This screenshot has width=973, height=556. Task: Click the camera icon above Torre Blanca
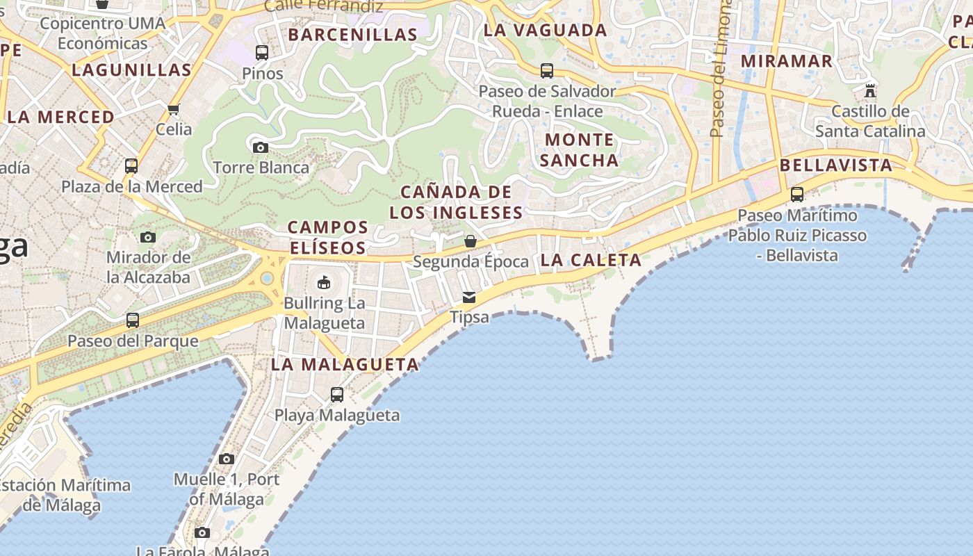pyautogui.click(x=261, y=147)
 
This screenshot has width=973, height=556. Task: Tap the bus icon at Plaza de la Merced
pyautogui.click(x=131, y=166)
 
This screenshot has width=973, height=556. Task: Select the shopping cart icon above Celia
pyautogui.click(x=174, y=109)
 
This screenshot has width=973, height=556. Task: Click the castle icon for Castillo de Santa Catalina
pyautogui.click(x=870, y=91)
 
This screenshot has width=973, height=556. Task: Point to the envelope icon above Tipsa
pyautogui.click(x=469, y=297)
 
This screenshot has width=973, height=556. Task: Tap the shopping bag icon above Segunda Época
pyautogui.click(x=471, y=241)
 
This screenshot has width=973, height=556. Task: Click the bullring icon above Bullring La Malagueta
pyautogui.click(x=324, y=282)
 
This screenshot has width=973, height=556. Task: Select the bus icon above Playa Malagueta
pyautogui.click(x=337, y=395)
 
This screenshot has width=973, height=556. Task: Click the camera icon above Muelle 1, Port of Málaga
pyautogui.click(x=226, y=459)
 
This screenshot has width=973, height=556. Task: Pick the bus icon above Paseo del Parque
pyautogui.click(x=133, y=320)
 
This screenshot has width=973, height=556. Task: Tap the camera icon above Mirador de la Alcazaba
pyautogui.click(x=147, y=238)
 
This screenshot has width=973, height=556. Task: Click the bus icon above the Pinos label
pyautogui.click(x=262, y=53)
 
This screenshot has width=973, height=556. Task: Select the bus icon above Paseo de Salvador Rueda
pyautogui.click(x=547, y=71)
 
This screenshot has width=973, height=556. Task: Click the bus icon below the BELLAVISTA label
pyautogui.click(x=797, y=195)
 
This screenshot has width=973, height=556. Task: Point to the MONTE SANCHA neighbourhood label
pyautogui.click(x=579, y=150)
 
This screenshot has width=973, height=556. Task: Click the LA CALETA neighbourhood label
pyautogui.click(x=591, y=261)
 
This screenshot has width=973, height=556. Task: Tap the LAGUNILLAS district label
pyautogui.click(x=131, y=70)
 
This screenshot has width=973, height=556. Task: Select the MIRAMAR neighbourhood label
pyautogui.click(x=786, y=61)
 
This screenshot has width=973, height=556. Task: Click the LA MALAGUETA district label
pyautogui.click(x=345, y=364)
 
